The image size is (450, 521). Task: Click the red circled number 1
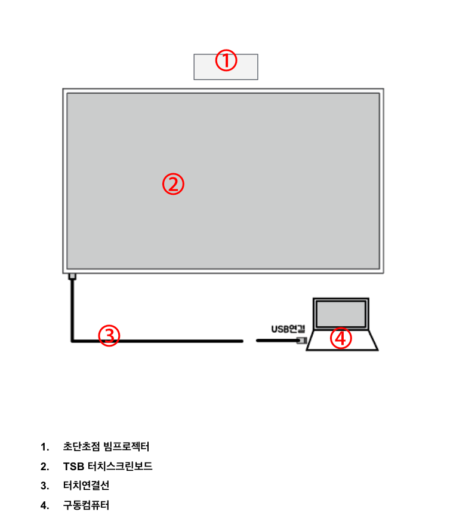(226, 60)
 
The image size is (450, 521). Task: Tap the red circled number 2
(173, 184)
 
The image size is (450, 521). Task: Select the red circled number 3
(109, 336)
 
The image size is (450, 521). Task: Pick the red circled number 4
(341, 338)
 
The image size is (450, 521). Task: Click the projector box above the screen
(226, 67)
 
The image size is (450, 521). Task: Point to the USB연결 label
(288, 329)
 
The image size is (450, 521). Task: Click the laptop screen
(341, 314)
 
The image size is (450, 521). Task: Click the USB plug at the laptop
(301, 340)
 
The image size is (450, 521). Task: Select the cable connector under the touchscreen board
(72, 277)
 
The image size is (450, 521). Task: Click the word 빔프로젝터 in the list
(126, 446)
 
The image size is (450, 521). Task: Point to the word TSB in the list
(73, 466)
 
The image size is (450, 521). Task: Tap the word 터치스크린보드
(120, 466)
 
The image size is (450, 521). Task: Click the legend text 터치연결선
(86, 485)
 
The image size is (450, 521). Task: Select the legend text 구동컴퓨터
(86, 505)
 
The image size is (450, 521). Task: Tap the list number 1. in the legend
(45, 447)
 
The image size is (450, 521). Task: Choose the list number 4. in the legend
(45, 505)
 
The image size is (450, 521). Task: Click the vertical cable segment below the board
(72, 310)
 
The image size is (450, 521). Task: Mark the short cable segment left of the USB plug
(277, 340)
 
